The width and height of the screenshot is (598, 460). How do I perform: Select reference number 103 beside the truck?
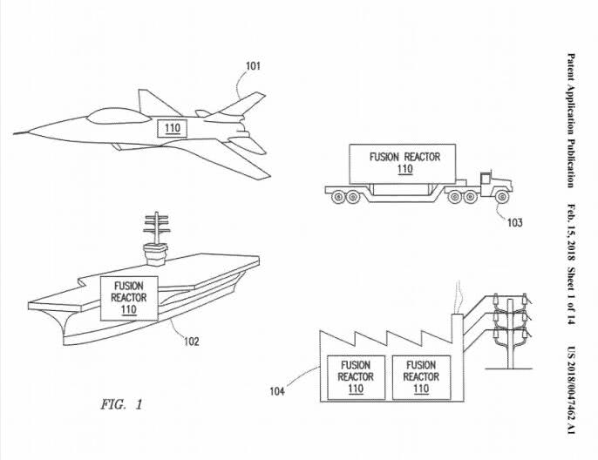[x=514, y=222]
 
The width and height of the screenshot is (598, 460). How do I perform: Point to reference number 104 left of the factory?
[x=277, y=390]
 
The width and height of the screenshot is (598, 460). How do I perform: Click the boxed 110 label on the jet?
[x=172, y=128]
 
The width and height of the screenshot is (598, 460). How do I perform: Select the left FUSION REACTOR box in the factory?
[x=355, y=376]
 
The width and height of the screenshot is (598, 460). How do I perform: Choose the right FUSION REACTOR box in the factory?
[x=421, y=376]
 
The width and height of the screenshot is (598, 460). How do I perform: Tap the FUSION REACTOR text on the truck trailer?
[x=404, y=158]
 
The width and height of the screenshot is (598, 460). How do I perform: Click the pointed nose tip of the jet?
[x=16, y=133]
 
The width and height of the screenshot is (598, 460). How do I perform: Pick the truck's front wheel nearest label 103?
[x=502, y=198]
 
